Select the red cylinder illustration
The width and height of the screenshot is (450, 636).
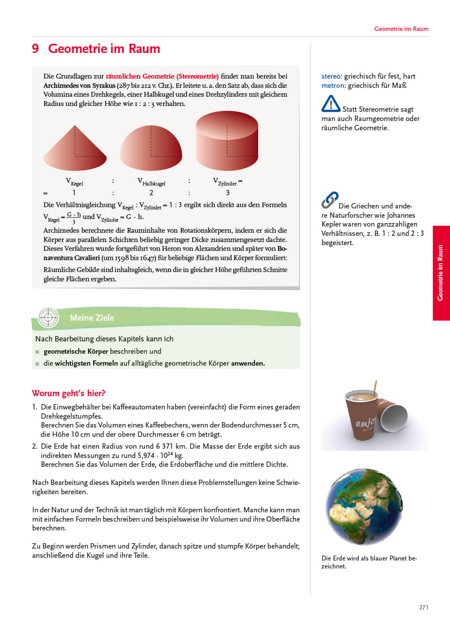(227, 141)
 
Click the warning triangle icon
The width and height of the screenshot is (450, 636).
(331, 104)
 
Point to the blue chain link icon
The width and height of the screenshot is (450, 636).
(330, 200)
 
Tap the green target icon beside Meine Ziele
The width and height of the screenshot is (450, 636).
(48, 317)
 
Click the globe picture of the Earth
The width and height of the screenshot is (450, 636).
(364, 507)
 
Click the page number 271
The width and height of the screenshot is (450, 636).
(423, 607)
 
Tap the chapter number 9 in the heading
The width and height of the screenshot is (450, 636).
(35, 49)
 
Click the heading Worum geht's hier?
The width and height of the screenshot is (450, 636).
(69, 393)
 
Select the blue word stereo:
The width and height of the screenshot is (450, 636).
(332, 76)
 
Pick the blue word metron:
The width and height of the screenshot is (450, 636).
(333, 85)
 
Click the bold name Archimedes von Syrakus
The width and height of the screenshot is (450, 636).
(79, 85)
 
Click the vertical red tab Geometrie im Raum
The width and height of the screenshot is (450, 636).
(440, 273)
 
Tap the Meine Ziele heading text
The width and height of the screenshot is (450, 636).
(92, 318)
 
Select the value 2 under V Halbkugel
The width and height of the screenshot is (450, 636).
(151, 193)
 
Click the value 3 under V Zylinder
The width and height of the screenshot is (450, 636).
(228, 193)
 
